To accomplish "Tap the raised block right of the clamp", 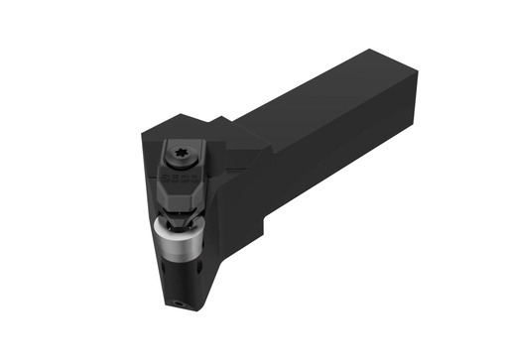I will pos(238,154).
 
